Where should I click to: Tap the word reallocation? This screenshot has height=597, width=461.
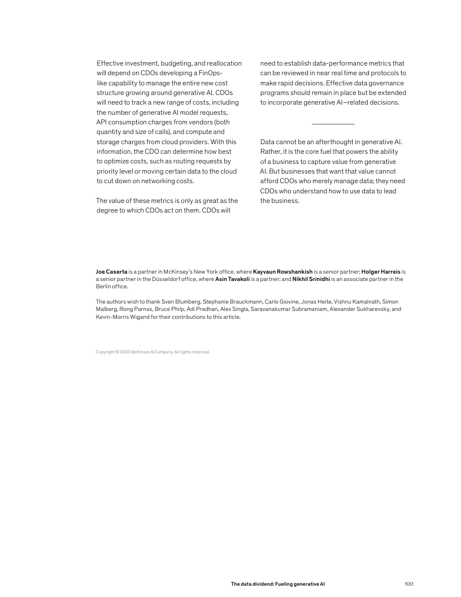[222, 63]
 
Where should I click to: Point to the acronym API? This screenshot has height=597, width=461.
[102, 122]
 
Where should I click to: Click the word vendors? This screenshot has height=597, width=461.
[199, 122]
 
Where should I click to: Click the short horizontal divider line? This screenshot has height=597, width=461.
[333, 124]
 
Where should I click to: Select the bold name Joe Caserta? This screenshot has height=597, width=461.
[111, 272]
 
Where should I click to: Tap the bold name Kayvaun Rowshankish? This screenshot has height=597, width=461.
[282, 272]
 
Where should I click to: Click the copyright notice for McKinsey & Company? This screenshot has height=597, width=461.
[153, 352]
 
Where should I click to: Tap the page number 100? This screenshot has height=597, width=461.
[409, 584]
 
